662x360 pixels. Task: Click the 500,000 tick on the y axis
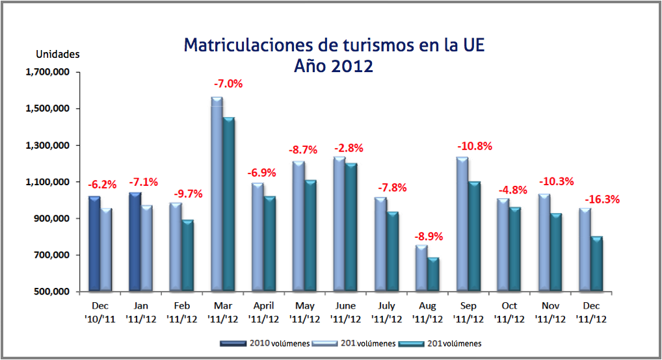tap(51, 291)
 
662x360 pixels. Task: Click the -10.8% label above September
tap(475, 146)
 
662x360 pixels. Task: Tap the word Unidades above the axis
tap(57, 54)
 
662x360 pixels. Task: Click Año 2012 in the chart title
tap(333, 66)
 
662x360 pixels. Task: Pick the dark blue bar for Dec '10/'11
tap(94, 243)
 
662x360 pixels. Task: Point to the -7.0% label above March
tap(228, 84)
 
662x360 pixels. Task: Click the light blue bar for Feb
tap(176, 246)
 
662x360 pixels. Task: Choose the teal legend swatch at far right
tap(410, 343)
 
